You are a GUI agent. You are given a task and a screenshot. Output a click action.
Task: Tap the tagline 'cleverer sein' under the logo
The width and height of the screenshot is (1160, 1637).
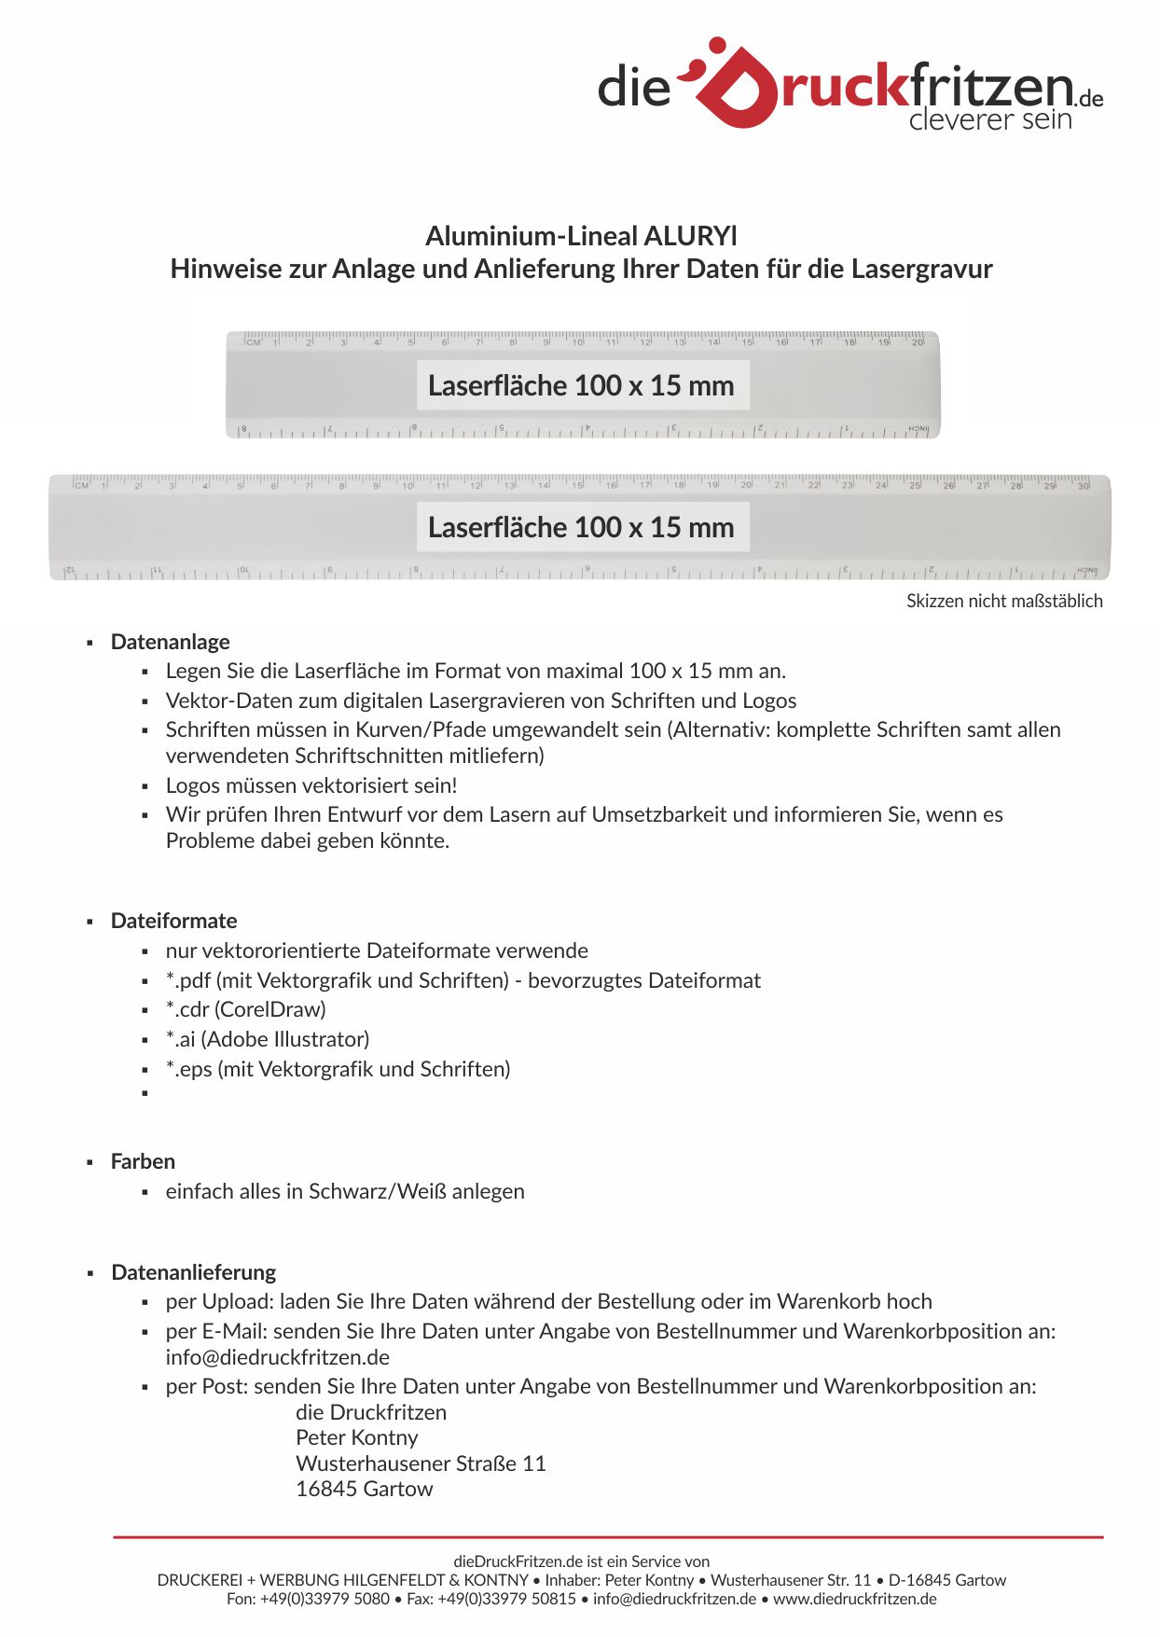point(990,120)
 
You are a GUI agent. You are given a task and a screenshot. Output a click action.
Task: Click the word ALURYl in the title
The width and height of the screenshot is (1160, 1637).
point(691,236)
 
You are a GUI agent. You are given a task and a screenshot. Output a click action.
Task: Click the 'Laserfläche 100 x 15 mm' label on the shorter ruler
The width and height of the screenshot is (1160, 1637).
point(582,385)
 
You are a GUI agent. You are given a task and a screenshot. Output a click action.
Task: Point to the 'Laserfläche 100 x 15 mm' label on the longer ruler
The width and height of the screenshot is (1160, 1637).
point(582,527)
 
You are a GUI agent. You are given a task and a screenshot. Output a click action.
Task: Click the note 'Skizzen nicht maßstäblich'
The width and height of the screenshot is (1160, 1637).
point(1004,602)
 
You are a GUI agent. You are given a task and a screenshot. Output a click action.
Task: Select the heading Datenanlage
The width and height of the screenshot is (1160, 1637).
point(171,642)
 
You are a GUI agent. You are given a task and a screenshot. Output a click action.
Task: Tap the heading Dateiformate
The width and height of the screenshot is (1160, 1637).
point(174,921)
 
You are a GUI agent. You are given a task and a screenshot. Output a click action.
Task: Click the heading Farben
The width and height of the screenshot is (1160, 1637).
point(143,1161)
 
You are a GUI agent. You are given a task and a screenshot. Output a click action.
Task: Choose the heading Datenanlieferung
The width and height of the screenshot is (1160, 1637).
point(194,1272)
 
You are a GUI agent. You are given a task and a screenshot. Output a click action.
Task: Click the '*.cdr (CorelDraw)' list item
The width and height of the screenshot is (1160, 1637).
point(246,1009)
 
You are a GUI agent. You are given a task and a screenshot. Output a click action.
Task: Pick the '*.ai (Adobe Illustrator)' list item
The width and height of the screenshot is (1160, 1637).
point(268,1039)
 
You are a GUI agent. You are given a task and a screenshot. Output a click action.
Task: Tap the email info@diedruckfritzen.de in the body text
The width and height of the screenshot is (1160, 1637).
point(278,1357)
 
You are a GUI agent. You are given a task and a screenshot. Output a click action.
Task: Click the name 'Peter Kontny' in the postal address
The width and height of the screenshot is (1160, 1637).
point(357,1437)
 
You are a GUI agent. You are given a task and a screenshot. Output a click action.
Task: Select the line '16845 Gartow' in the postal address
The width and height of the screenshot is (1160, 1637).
point(365,1489)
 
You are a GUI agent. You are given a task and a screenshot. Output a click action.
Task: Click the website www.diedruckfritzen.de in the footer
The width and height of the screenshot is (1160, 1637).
point(855,1599)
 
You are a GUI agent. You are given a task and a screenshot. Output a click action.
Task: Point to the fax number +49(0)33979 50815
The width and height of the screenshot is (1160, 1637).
point(509,1599)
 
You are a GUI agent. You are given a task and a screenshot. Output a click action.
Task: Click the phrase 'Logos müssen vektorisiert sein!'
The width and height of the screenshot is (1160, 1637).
point(311,785)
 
